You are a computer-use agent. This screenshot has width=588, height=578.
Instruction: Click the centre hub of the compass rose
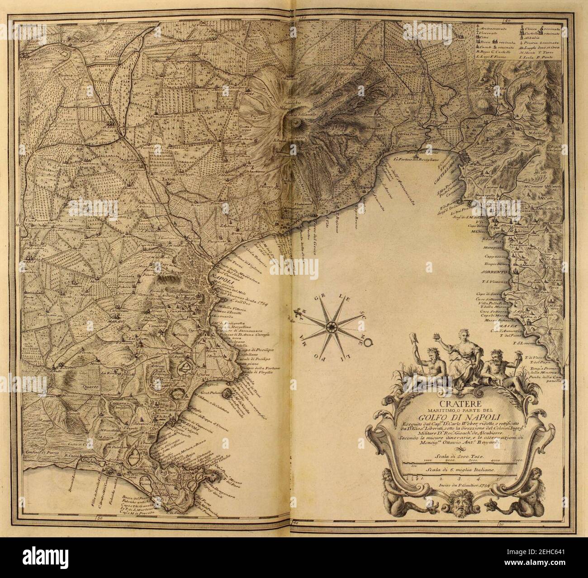click(x=332, y=325)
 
